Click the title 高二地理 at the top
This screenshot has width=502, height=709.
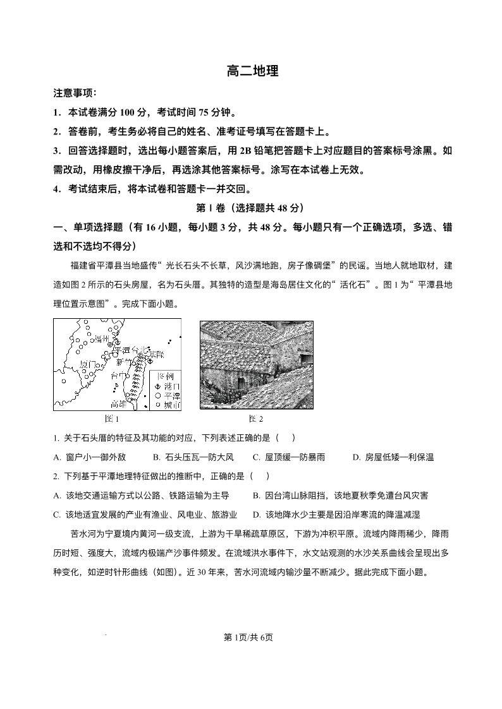(x=252, y=71)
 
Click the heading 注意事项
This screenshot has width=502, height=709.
(x=75, y=93)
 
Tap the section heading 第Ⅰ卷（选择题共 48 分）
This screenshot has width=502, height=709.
(x=251, y=208)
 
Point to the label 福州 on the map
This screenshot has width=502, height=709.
(x=101, y=339)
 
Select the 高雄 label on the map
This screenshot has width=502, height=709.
(x=119, y=403)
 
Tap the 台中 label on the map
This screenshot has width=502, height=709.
(x=118, y=376)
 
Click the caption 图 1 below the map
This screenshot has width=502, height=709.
(x=111, y=419)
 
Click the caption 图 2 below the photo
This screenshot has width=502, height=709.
(x=255, y=419)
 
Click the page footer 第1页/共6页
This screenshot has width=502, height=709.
(x=251, y=637)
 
